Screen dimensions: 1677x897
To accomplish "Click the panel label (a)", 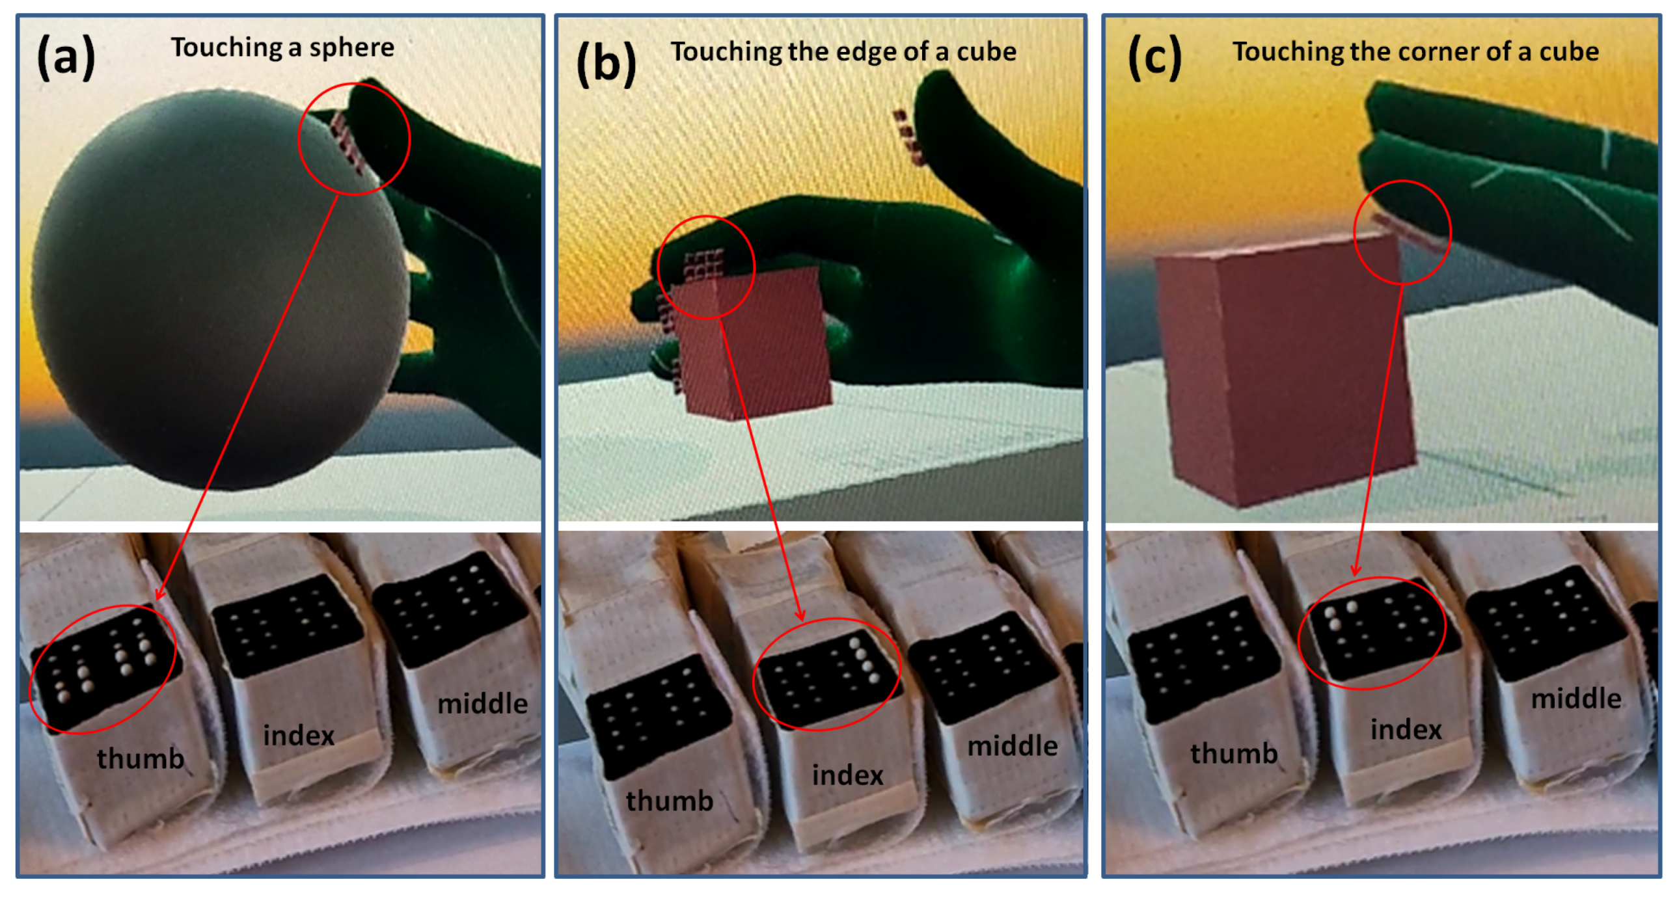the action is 66,57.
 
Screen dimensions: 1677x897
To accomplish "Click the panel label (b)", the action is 606,63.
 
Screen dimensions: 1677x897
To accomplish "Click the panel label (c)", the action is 1154,57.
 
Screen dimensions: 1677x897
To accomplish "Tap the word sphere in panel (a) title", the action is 351,48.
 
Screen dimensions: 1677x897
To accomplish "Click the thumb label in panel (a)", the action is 141,758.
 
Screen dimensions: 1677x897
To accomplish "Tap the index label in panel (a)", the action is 298,735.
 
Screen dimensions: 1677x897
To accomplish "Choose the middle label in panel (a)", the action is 482,704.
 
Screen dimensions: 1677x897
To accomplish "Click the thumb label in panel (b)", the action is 669,800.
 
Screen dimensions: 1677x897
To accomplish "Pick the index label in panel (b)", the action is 848,775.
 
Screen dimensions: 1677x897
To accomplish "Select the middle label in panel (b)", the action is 1013,746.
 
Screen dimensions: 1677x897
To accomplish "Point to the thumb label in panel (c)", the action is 1234,753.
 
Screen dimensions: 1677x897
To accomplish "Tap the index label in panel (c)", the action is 1406,729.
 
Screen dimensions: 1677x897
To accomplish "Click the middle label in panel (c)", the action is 1576,699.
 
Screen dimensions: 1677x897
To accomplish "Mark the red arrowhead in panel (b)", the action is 800,613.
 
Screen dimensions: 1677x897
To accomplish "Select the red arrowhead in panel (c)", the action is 1356,569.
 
